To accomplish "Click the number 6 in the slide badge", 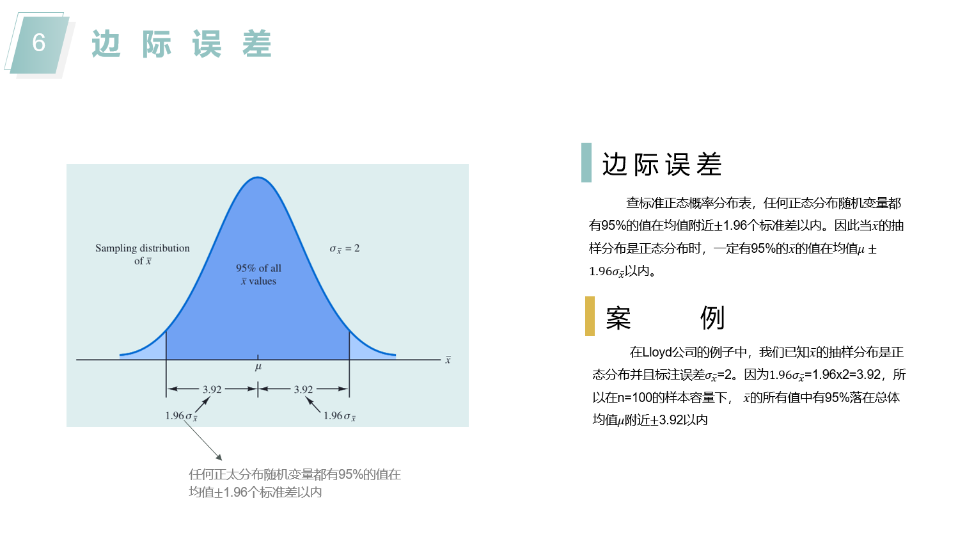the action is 39,43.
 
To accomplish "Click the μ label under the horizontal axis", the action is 258,367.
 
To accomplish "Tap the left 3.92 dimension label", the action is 212,389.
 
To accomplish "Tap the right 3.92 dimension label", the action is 303,389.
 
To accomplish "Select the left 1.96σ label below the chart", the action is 182,416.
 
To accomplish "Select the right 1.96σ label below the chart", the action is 340,416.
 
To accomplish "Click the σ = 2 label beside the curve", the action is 344,248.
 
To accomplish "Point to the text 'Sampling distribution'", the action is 143,248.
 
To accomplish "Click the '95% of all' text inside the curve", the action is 258,268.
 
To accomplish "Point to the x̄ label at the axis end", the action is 448,360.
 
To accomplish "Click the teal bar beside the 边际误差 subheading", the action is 586,163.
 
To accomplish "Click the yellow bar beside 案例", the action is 590,316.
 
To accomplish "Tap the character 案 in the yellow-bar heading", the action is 618,318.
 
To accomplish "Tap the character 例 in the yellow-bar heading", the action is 712,318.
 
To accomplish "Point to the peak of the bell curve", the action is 258,177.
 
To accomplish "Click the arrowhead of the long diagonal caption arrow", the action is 220,458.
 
